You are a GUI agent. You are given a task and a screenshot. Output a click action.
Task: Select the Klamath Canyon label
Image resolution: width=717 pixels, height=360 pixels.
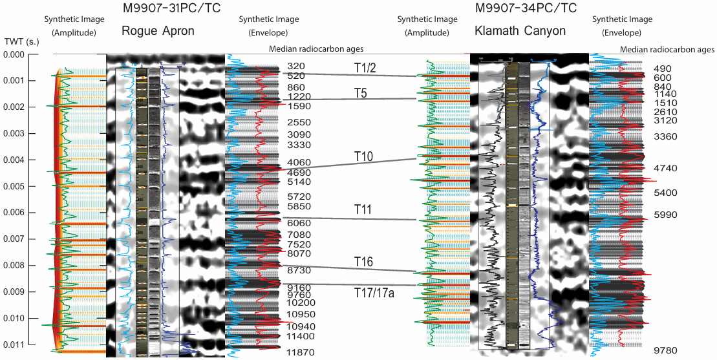coord(520,31)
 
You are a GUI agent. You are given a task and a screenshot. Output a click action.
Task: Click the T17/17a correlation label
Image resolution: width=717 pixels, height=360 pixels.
coord(374,293)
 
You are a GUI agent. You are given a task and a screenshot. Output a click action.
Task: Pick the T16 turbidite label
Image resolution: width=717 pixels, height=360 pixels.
coord(365,261)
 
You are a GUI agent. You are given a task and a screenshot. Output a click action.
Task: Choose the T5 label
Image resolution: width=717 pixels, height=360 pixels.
coord(360,92)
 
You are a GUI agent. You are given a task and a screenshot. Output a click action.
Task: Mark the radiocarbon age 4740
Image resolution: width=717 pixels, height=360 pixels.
coord(665,168)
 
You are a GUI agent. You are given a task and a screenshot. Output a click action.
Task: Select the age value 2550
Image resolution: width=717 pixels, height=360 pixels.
coord(299,122)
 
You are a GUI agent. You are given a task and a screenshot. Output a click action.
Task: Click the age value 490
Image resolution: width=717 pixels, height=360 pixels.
coord(663,69)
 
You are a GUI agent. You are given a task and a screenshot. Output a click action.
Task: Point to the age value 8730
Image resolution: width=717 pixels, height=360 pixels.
coord(299,270)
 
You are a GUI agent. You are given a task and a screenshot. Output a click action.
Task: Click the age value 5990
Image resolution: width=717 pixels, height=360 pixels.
coord(665,215)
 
